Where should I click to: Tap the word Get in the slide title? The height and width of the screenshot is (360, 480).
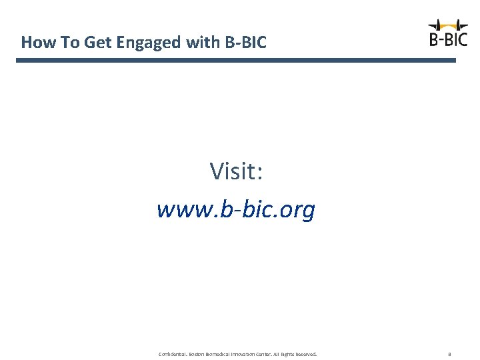pyautogui.click(x=99, y=43)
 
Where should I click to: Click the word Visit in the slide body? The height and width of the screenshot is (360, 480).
pyautogui.click(x=233, y=171)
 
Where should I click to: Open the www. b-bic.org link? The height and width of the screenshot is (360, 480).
pyautogui.click(x=236, y=210)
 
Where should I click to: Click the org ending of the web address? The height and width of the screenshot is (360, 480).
pyautogui.click(x=297, y=211)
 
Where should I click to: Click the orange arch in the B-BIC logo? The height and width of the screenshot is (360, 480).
pyautogui.click(x=448, y=26)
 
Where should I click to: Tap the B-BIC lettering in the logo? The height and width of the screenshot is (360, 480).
pyautogui.click(x=448, y=39)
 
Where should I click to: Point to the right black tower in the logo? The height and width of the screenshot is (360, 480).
pyautogui.click(x=458, y=25)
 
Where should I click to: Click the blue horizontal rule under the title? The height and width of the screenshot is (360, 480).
pyautogui.click(x=236, y=60)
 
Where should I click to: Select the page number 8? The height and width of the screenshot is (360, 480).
pyautogui.click(x=449, y=354)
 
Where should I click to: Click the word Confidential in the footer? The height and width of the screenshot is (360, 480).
pyautogui.click(x=173, y=354)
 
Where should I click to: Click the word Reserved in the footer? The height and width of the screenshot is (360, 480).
pyautogui.click(x=305, y=354)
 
